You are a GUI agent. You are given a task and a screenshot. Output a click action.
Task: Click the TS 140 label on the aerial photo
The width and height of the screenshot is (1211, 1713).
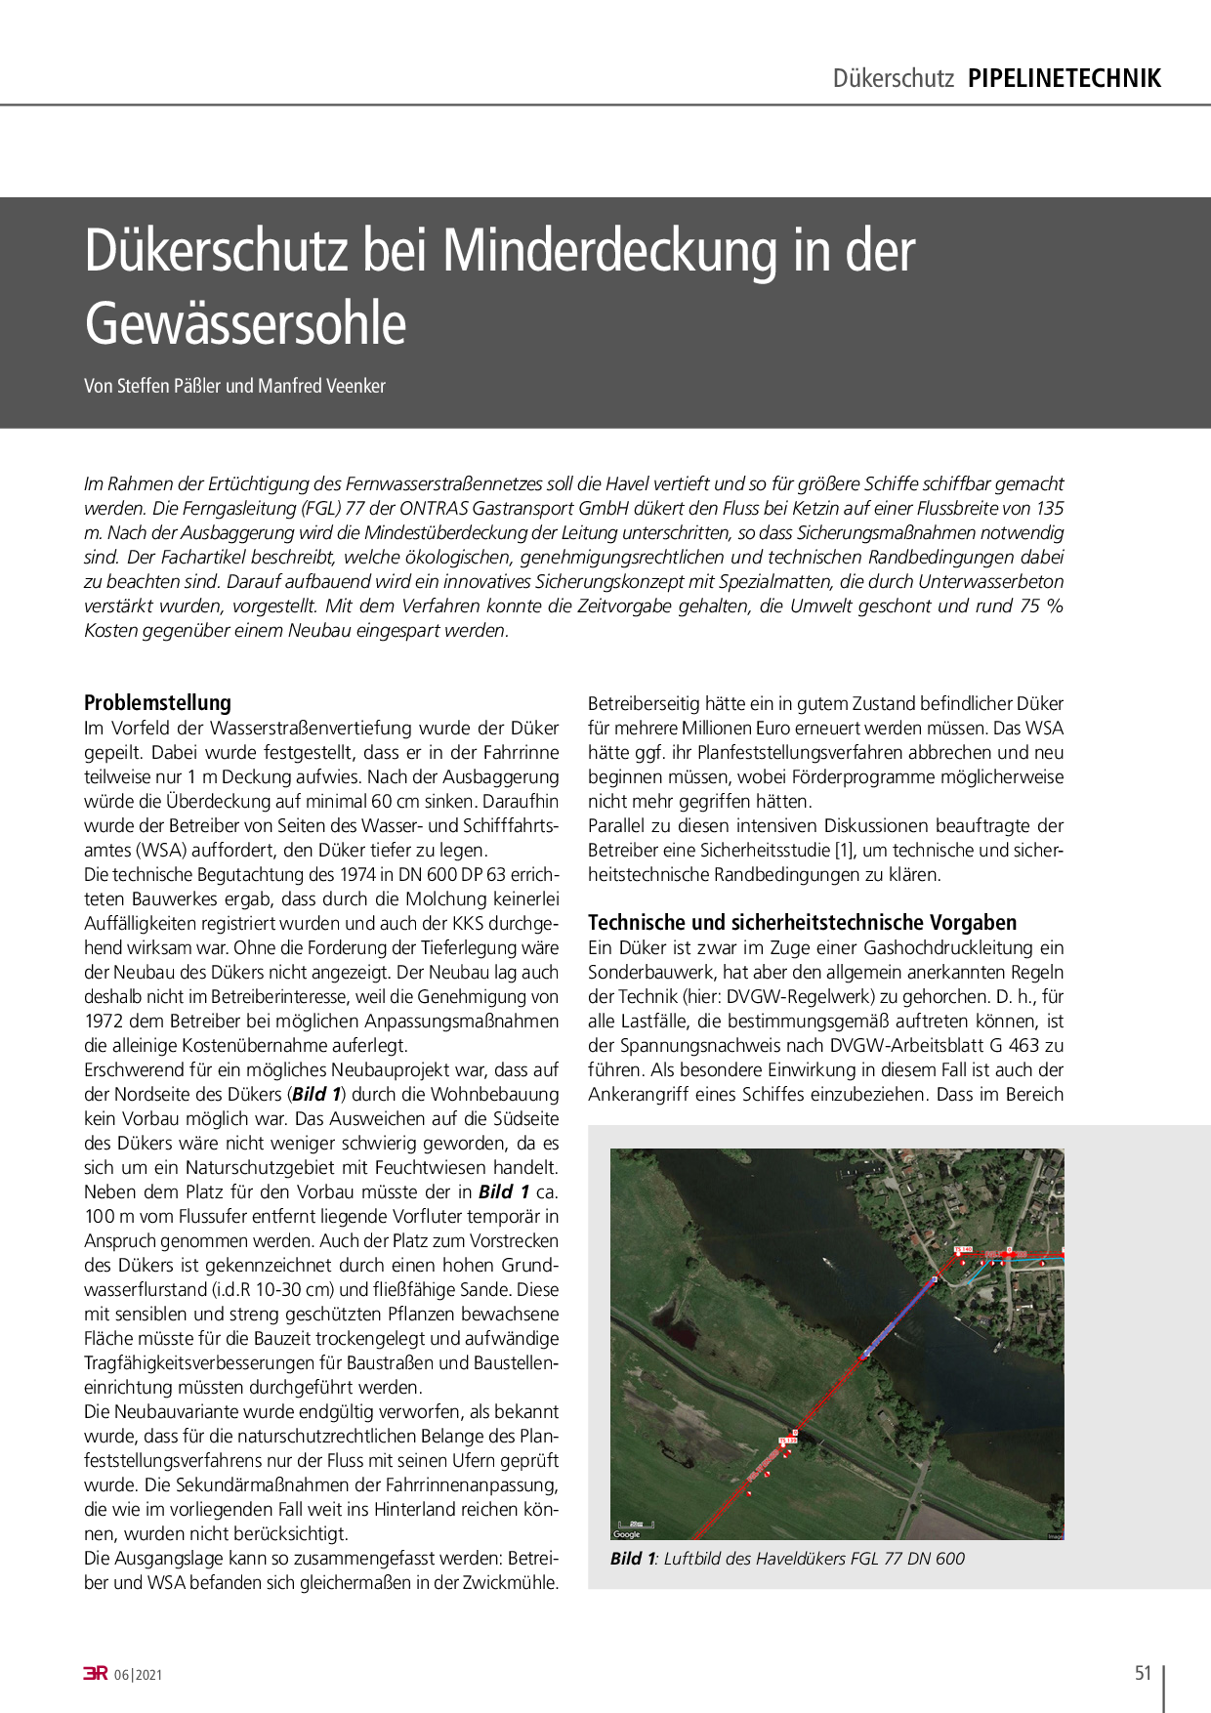click(x=963, y=1249)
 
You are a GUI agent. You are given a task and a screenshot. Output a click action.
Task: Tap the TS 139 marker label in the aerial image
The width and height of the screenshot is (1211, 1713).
click(x=787, y=1440)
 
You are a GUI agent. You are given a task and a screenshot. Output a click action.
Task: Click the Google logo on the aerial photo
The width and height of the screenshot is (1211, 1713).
click(x=627, y=1534)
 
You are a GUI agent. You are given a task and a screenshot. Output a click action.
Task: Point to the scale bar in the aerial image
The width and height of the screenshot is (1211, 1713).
click(x=635, y=1524)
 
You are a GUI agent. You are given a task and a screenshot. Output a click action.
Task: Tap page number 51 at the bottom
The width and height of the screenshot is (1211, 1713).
click(x=1144, y=1673)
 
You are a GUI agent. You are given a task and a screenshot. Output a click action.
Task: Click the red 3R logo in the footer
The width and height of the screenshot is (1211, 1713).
click(x=95, y=1674)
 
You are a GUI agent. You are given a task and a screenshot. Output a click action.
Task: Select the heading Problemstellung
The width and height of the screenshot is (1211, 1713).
click(x=157, y=702)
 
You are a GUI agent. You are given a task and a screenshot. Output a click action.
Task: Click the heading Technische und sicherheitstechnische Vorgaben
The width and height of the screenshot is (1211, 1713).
click(x=802, y=922)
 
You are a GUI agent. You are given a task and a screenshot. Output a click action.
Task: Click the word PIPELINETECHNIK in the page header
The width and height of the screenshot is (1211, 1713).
click(x=1065, y=78)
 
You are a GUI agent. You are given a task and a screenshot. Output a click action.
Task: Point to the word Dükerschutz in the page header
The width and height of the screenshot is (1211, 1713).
click(x=893, y=78)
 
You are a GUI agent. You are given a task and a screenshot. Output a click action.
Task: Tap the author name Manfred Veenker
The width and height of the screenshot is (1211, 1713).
click(x=321, y=386)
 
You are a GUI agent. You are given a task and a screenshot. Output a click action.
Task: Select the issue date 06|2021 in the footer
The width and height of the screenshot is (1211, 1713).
click(x=138, y=1675)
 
